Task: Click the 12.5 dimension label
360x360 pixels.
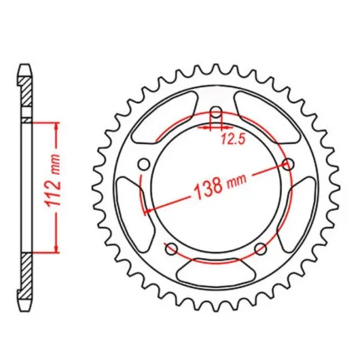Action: (233, 139)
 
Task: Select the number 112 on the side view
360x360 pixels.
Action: (54, 190)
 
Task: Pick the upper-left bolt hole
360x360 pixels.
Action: (145, 164)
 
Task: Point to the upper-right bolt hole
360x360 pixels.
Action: (288, 164)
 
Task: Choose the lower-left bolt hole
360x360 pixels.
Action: (171, 249)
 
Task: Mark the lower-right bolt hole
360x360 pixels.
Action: (260, 249)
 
